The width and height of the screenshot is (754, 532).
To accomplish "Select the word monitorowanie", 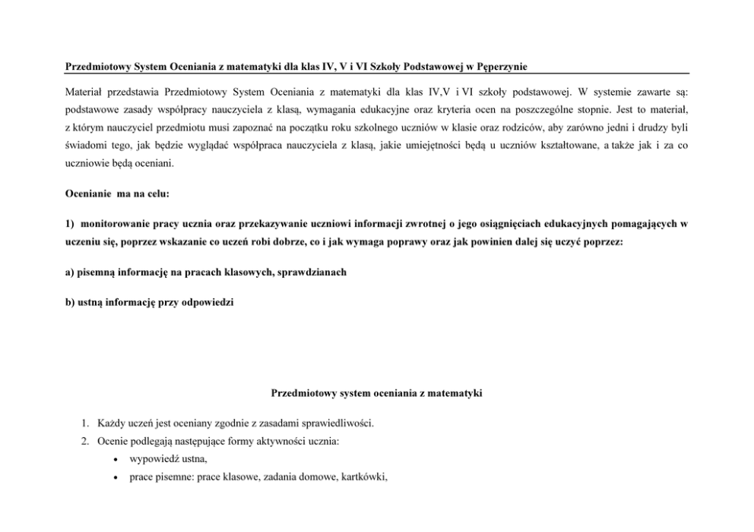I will click(109, 224).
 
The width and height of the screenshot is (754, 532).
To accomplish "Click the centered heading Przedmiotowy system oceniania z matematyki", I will click(376, 393).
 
